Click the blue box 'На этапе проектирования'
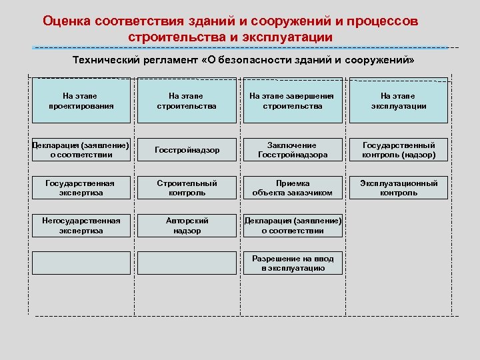click(x=81, y=101)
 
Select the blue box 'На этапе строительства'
click(x=187, y=101)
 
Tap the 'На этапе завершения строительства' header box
click(x=293, y=101)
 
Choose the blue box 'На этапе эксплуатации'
click(x=399, y=101)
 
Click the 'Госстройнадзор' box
click(x=187, y=150)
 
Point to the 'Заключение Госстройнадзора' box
click(x=293, y=150)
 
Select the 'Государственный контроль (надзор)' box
click(x=399, y=150)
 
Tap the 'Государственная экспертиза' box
click(x=81, y=188)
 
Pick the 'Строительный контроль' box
click(x=187, y=188)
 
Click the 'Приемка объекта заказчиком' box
click(x=293, y=188)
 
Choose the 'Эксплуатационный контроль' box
click(x=399, y=188)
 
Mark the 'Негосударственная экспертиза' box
click(x=81, y=225)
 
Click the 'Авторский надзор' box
click(x=187, y=225)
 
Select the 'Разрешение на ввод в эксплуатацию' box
click(x=293, y=263)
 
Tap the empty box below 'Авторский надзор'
click(x=187, y=263)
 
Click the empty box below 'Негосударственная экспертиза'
click(x=81, y=263)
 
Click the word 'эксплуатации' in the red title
click(x=291, y=37)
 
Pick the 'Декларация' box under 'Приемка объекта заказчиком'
click(x=293, y=225)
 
